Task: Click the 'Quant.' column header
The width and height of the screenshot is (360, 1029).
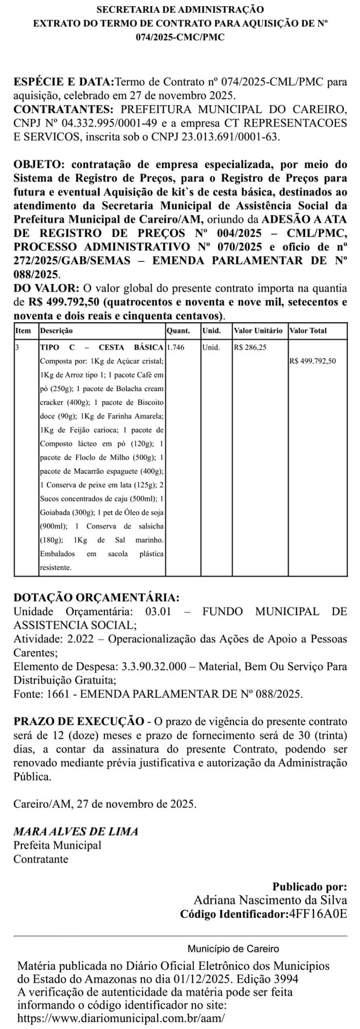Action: tap(178, 331)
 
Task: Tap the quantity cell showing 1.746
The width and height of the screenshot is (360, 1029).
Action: tap(176, 347)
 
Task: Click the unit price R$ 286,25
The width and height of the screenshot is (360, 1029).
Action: tap(250, 347)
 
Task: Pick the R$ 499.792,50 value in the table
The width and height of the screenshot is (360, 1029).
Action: tap(313, 361)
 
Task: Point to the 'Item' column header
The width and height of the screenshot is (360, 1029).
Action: tap(23, 331)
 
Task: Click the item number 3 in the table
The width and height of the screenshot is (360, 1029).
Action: tap(17, 347)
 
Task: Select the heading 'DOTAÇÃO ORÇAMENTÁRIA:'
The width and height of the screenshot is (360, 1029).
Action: tap(97, 597)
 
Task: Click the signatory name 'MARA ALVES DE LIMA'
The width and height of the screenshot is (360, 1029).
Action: tap(76, 831)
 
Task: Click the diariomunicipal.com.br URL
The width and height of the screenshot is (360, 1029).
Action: tap(121, 1018)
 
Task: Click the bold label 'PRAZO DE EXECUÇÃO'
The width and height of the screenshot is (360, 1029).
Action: tap(79, 721)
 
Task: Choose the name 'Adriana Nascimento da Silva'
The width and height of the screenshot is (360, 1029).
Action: tap(270, 900)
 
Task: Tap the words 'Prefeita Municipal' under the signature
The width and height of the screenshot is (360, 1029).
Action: tap(57, 845)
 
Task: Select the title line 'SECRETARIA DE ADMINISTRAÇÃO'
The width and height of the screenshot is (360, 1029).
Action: tap(180, 9)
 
